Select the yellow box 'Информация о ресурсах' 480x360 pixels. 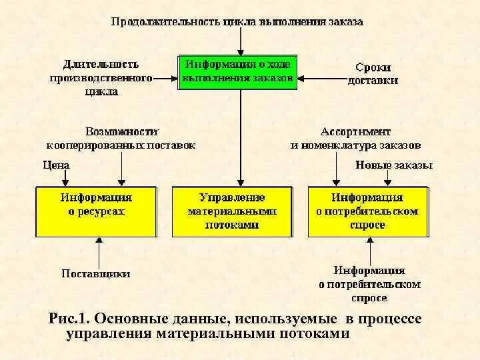[x=96, y=211]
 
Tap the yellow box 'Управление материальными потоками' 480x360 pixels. [x=232, y=211]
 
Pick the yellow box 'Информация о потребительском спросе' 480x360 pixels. [x=367, y=211]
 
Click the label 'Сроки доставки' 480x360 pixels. [x=373, y=74]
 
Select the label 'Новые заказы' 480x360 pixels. [x=394, y=165]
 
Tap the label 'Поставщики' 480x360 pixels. [x=96, y=273]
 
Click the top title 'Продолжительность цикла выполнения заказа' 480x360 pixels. [x=237, y=21]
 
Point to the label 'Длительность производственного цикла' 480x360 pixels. [x=101, y=78]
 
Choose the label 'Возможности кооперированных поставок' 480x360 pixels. [x=121, y=138]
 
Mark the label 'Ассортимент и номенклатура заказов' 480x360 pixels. [x=355, y=138]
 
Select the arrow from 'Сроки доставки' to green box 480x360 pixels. [x=320, y=74]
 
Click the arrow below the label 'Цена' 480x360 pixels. [x=65, y=177]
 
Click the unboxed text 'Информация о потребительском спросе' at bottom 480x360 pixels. [x=369, y=284]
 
